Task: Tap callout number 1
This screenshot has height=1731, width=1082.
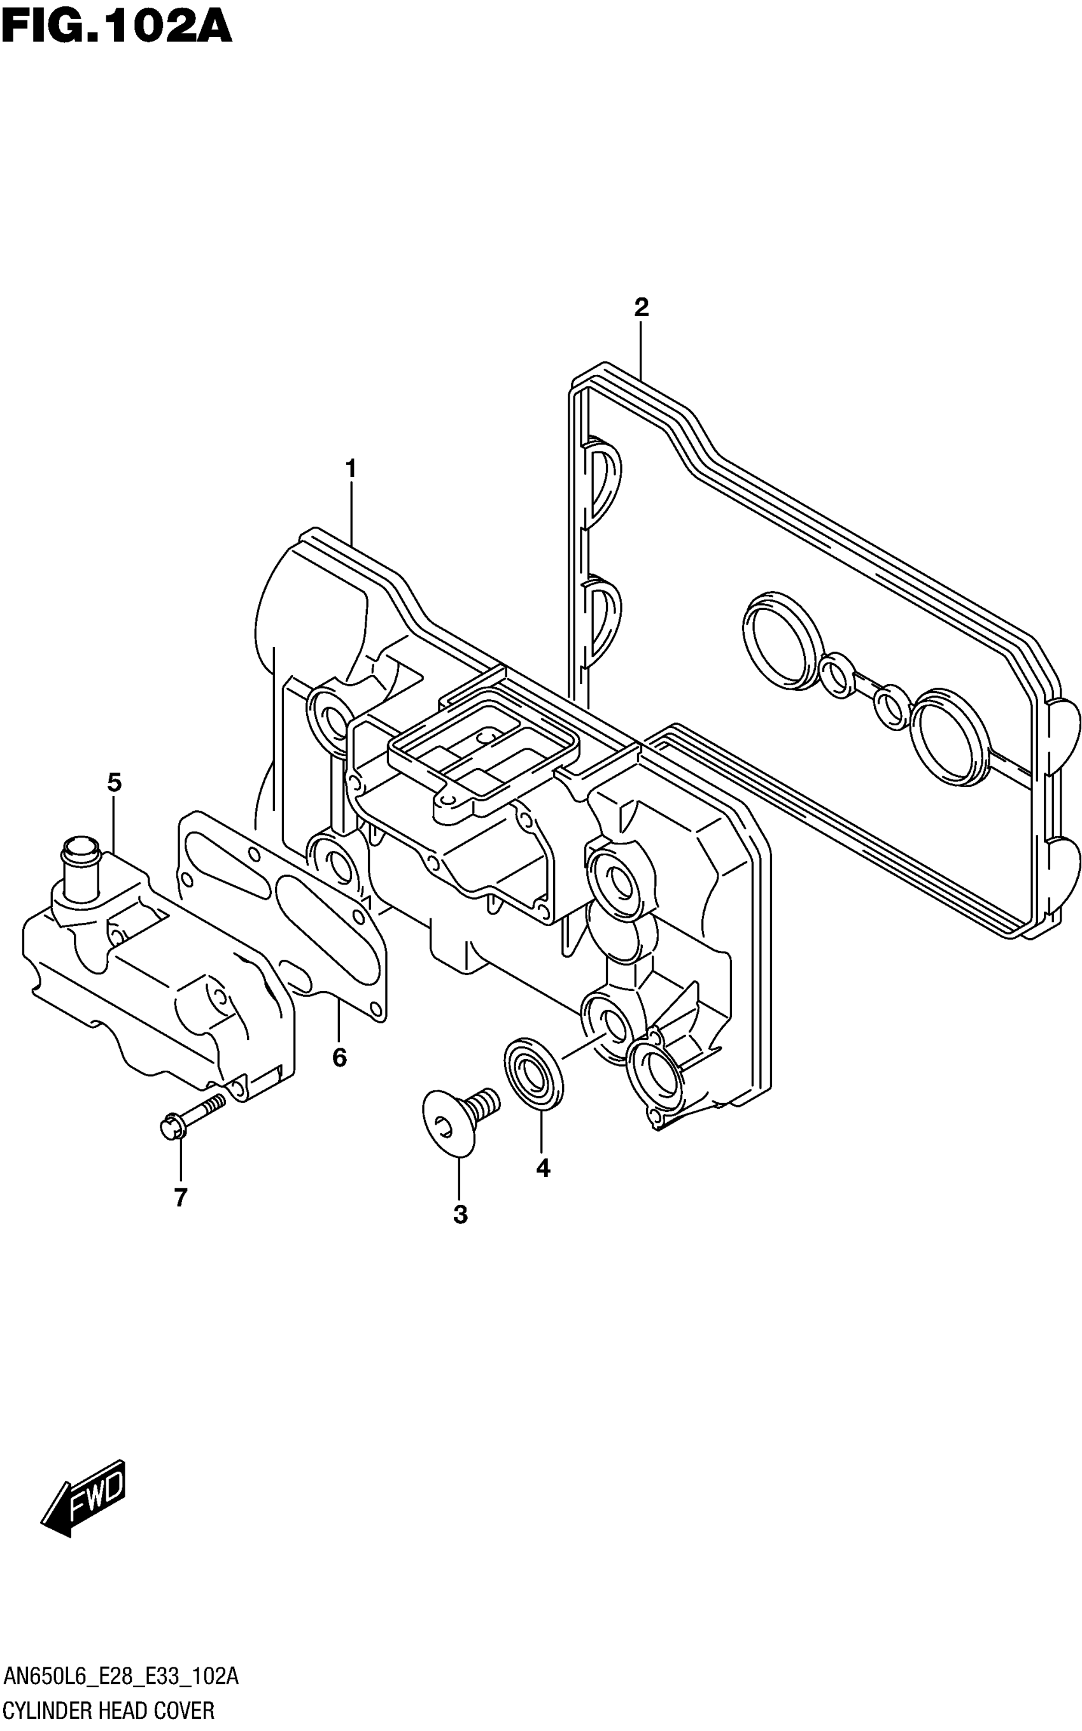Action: coord(351,469)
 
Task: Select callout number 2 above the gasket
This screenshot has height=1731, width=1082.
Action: coord(641,308)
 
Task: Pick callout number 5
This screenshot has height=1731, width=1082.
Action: coord(115,783)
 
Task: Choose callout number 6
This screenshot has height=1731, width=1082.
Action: coord(339,1057)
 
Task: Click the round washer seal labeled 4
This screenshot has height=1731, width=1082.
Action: coord(533,1074)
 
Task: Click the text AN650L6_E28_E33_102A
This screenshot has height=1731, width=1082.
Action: coord(121,1676)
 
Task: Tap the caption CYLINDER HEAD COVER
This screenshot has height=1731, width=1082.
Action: coord(109,1711)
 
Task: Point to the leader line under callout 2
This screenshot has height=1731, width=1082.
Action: coord(641,351)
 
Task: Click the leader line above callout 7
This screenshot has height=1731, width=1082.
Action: coord(180,1160)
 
